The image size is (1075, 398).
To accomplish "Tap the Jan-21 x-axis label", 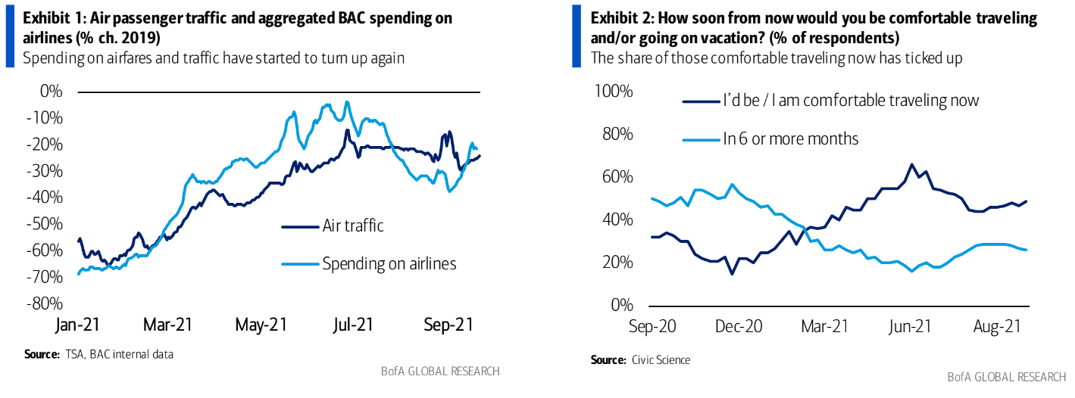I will click(x=79, y=326).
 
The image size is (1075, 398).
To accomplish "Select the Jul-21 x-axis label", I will click(x=353, y=326).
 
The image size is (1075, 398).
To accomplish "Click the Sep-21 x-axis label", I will click(x=448, y=326).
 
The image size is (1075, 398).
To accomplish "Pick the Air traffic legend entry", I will click(x=353, y=225).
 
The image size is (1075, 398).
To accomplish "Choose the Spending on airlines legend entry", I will click(x=389, y=263).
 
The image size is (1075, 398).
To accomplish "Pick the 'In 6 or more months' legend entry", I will click(x=790, y=138).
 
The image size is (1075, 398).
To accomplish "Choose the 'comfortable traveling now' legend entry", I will click(x=850, y=100).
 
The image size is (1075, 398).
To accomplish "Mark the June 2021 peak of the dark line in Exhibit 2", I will click(x=912, y=164).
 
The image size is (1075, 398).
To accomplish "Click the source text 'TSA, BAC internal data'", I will click(x=119, y=353).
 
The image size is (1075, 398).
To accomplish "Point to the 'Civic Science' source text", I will click(x=661, y=360).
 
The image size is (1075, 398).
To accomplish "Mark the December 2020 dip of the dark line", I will click(x=732, y=273).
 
